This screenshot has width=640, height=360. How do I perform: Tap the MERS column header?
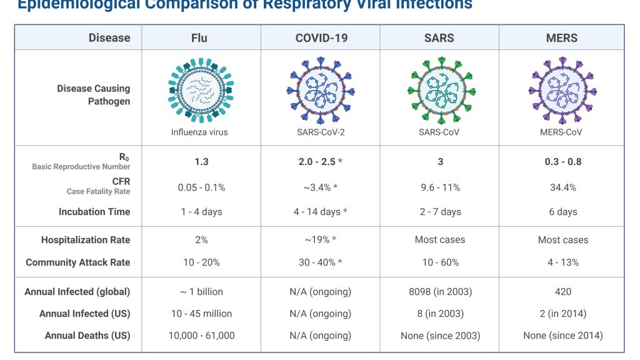[x=562, y=37]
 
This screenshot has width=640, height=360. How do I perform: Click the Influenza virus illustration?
[x=201, y=92]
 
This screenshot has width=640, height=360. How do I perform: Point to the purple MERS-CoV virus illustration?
[x=562, y=92]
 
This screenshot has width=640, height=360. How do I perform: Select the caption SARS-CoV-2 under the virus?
[x=320, y=132]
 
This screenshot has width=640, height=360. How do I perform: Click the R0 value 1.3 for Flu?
[x=201, y=162]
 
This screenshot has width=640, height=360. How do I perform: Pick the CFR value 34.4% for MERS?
[x=562, y=187]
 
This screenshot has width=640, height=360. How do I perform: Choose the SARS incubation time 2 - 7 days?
[x=440, y=212]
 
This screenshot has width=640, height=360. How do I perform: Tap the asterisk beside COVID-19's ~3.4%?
[x=336, y=187]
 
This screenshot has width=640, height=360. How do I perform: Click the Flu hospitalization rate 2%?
[x=201, y=240]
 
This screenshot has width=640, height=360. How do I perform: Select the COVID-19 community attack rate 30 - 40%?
[x=317, y=262]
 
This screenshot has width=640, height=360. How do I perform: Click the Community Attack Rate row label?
[x=78, y=262]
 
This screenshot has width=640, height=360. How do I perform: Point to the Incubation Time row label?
[x=94, y=212]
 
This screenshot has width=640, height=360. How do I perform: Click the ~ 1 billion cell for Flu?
[x=201, y=292]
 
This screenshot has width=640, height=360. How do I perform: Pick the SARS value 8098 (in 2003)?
[x=440, y=292]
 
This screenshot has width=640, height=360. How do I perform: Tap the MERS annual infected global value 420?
[x=562, y=292]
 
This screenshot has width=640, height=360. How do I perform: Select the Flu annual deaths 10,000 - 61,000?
[x=201, y=336]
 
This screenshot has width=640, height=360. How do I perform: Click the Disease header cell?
[x=109, y=37]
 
